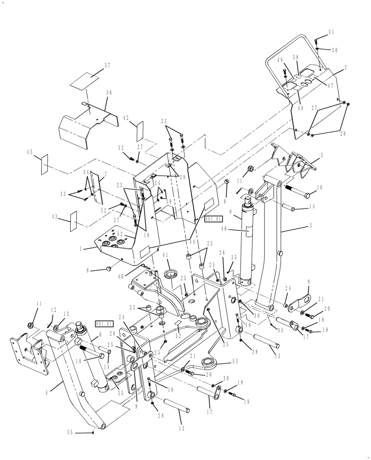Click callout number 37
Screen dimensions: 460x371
tap(107, 66)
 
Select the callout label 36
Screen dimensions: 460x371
tap(109, 92)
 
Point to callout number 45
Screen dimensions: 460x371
tap(30, 152)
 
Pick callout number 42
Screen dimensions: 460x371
tap(125, 118)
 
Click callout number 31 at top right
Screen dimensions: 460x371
tap(332, 32)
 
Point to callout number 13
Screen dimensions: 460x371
tap(66, 314)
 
